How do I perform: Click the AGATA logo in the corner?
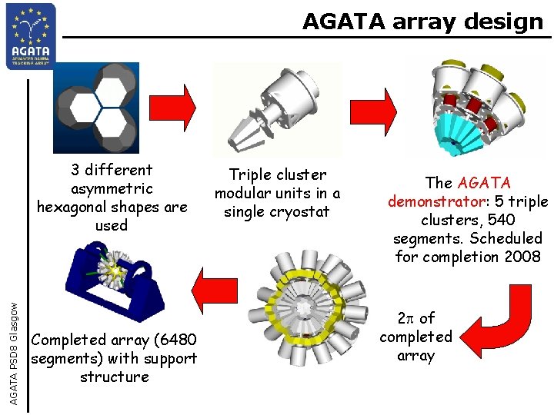point(31,35)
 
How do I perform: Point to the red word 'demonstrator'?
point(426,201)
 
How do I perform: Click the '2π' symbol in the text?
point(405,318)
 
